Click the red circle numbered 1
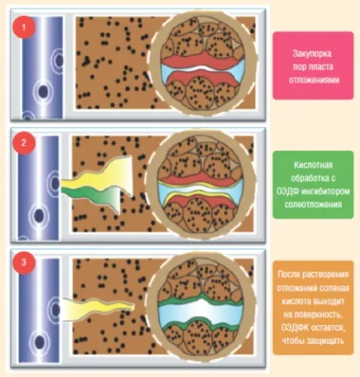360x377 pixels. (24, 27)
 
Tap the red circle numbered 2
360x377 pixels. (24, 143)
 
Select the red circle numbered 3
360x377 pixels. (24, 262)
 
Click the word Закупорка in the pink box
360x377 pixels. (312, 53)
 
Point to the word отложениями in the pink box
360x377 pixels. (314, 80)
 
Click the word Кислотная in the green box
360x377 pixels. (313, 165)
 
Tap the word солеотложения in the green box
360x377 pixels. (313, 205)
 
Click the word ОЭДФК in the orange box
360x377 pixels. (295, 328)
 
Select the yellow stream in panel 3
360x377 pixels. (98, 309)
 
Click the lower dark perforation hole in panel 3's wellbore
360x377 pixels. (40, 341)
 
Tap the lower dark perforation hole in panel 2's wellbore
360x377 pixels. (39, 216)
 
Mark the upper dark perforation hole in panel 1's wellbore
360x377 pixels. (59, 60)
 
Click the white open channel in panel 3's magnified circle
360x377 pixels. (201, 310)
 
